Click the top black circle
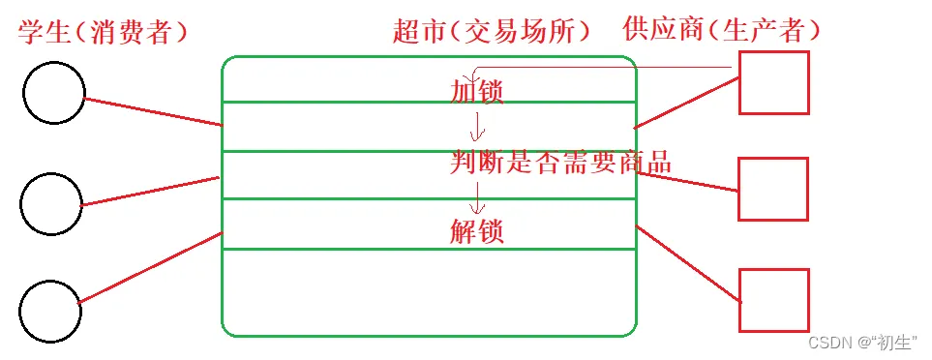coord(53,94)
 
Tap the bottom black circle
coord(50,311)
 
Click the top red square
coord(773,82)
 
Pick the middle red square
coord(772,189)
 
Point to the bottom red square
coord(773,300)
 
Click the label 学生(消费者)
coord(103,32)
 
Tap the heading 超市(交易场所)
coord(492,32)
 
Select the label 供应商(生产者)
coord(724,31)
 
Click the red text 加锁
coord(477,92)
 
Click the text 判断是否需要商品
coord(560,163)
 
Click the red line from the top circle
coord(153,111)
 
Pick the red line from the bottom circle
coord(151,268)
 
